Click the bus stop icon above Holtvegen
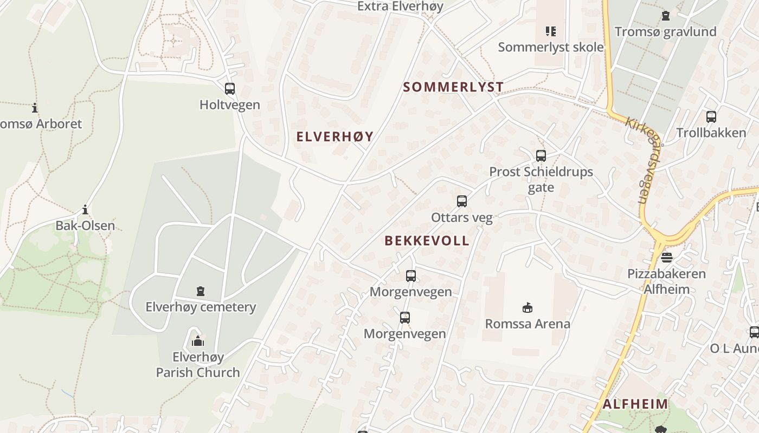(230, 88)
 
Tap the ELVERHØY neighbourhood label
(335, 136)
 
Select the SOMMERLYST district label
(453, 87)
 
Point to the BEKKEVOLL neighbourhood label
(427, 241)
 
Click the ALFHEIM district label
(635, 404)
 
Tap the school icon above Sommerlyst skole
(551, 31)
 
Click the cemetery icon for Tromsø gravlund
(666, 16)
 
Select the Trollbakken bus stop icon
(711, 116)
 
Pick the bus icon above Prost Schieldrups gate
(541, 156)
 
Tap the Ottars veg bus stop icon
(462, 201)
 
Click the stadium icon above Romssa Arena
(527, 308)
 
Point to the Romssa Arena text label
(528, 324)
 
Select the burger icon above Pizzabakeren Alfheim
(667, 257)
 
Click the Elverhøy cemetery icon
(201, 291)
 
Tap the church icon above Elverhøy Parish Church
(198, 341)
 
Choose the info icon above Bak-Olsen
(85, 209)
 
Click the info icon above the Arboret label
(35, 108)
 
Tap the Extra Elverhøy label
(400, 6)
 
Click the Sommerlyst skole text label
(551, 47)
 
